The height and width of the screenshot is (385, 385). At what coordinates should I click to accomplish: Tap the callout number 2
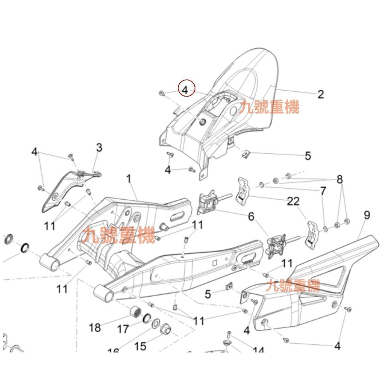(320, 94)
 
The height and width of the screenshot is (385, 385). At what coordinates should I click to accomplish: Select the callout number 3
(99, 147)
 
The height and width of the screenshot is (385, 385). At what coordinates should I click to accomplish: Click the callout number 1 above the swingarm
(129, 179)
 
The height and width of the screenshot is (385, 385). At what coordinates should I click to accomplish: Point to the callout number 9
(367, 215)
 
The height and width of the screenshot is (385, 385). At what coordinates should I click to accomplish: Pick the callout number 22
(293, 202)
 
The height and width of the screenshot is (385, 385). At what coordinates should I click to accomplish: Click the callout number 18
(95, 327)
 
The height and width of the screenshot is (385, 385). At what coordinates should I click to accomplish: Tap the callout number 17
(123, 329)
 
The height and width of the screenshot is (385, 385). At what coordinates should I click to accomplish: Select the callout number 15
(140, 346)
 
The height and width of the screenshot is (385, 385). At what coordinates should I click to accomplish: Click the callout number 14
(258, 351)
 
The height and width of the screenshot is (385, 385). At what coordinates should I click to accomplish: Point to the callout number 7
(323, 191)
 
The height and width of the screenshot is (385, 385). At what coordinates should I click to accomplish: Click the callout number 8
(340, 180)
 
